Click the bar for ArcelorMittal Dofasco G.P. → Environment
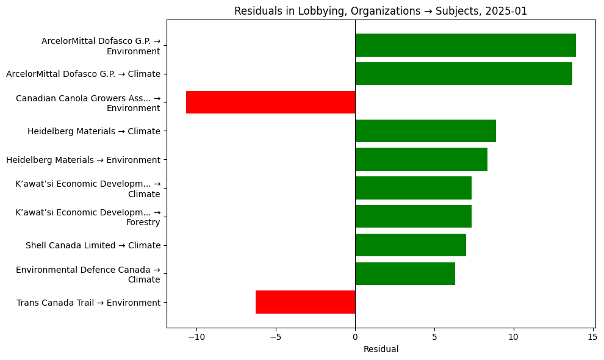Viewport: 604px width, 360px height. (x=465, y=45)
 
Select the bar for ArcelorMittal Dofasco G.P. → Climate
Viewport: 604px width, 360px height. (x=463, y=74)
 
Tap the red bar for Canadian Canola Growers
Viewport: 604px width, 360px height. (x=270, y=103)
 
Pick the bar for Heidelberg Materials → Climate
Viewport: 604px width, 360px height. (x=425, y=131)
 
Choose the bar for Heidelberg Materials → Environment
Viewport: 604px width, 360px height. (x=421, y=159)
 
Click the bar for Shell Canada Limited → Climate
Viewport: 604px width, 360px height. (x=410, y=245)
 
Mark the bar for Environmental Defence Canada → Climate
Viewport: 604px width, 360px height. (x=404, y=274)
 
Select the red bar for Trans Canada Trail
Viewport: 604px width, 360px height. (x=305, y=302)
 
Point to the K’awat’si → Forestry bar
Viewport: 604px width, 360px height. (x=413, y=217)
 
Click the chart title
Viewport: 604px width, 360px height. (x=381, y=10)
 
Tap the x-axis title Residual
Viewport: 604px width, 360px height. (x=381, y=349)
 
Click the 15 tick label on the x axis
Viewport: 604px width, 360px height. (x=592, y=336)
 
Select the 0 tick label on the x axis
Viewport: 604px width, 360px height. (x=355, y=336)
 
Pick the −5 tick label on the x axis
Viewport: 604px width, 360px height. (x=276, y=336)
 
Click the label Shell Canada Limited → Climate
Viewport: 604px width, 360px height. (x=93, y=245)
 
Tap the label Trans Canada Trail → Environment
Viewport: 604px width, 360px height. (x=88, y=303)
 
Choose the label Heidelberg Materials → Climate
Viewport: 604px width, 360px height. (x=94, y=131)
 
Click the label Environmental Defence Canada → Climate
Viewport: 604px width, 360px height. (x=88, y=275)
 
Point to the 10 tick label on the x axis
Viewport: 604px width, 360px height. (x=513, y=336)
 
